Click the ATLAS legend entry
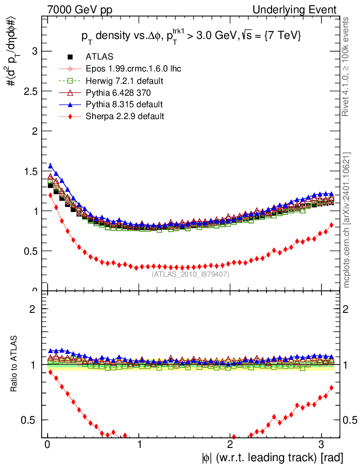[99, 57]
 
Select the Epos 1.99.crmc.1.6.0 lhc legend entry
[133, 69]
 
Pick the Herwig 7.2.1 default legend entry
[125, 81]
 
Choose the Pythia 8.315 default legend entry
[124, 104]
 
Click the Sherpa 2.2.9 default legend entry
[125, 116]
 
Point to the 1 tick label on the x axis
[139, 445]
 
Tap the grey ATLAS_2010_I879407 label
[191, 274]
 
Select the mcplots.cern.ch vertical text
[348, 220]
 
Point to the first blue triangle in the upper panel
[50, 166]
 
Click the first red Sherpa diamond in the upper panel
[50, 195]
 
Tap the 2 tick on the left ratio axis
[33, 309]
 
